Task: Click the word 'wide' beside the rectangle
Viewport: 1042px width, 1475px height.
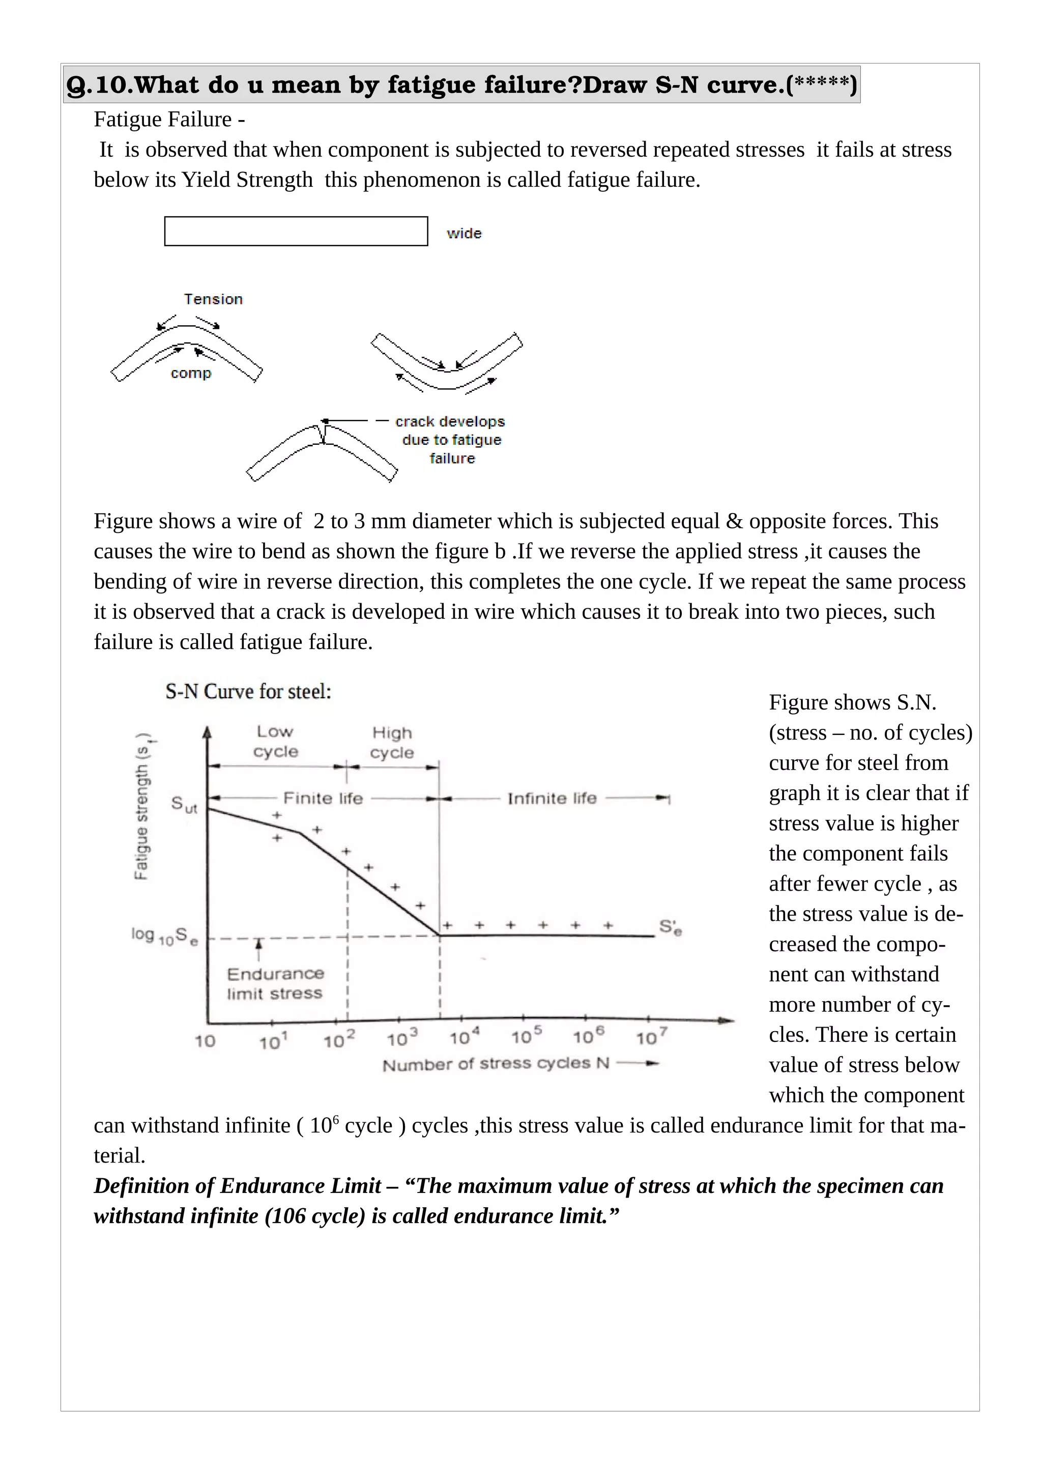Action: (x=464, y=233)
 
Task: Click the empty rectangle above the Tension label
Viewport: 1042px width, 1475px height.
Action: (x=296, y=231)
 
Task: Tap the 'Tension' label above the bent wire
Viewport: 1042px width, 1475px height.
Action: (x=213, y=299)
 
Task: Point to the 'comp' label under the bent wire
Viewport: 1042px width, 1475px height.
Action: (x=191, y=373)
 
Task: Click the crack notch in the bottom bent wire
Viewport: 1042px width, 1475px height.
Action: (x=324, y=434)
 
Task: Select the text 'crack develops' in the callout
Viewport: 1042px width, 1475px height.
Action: (x=450, y=421)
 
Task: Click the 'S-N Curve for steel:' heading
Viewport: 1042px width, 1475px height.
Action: (x=248, y=692)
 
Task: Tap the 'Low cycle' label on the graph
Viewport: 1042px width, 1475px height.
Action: (x=275, y=742)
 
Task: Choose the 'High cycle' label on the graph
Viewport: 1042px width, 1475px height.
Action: (x=392, y=743)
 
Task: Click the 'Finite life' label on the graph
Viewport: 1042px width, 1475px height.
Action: (x=323, y=799)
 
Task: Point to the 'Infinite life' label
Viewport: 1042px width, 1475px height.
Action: (x=552, y=799)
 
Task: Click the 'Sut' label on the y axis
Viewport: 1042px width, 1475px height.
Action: (x=184, y=804)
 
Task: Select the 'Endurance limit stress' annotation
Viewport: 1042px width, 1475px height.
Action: (x=275, y=983)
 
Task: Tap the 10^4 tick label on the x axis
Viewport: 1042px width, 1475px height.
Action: (x=464, y=1037)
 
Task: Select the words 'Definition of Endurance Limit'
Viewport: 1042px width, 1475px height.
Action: (x=238, y=1186)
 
